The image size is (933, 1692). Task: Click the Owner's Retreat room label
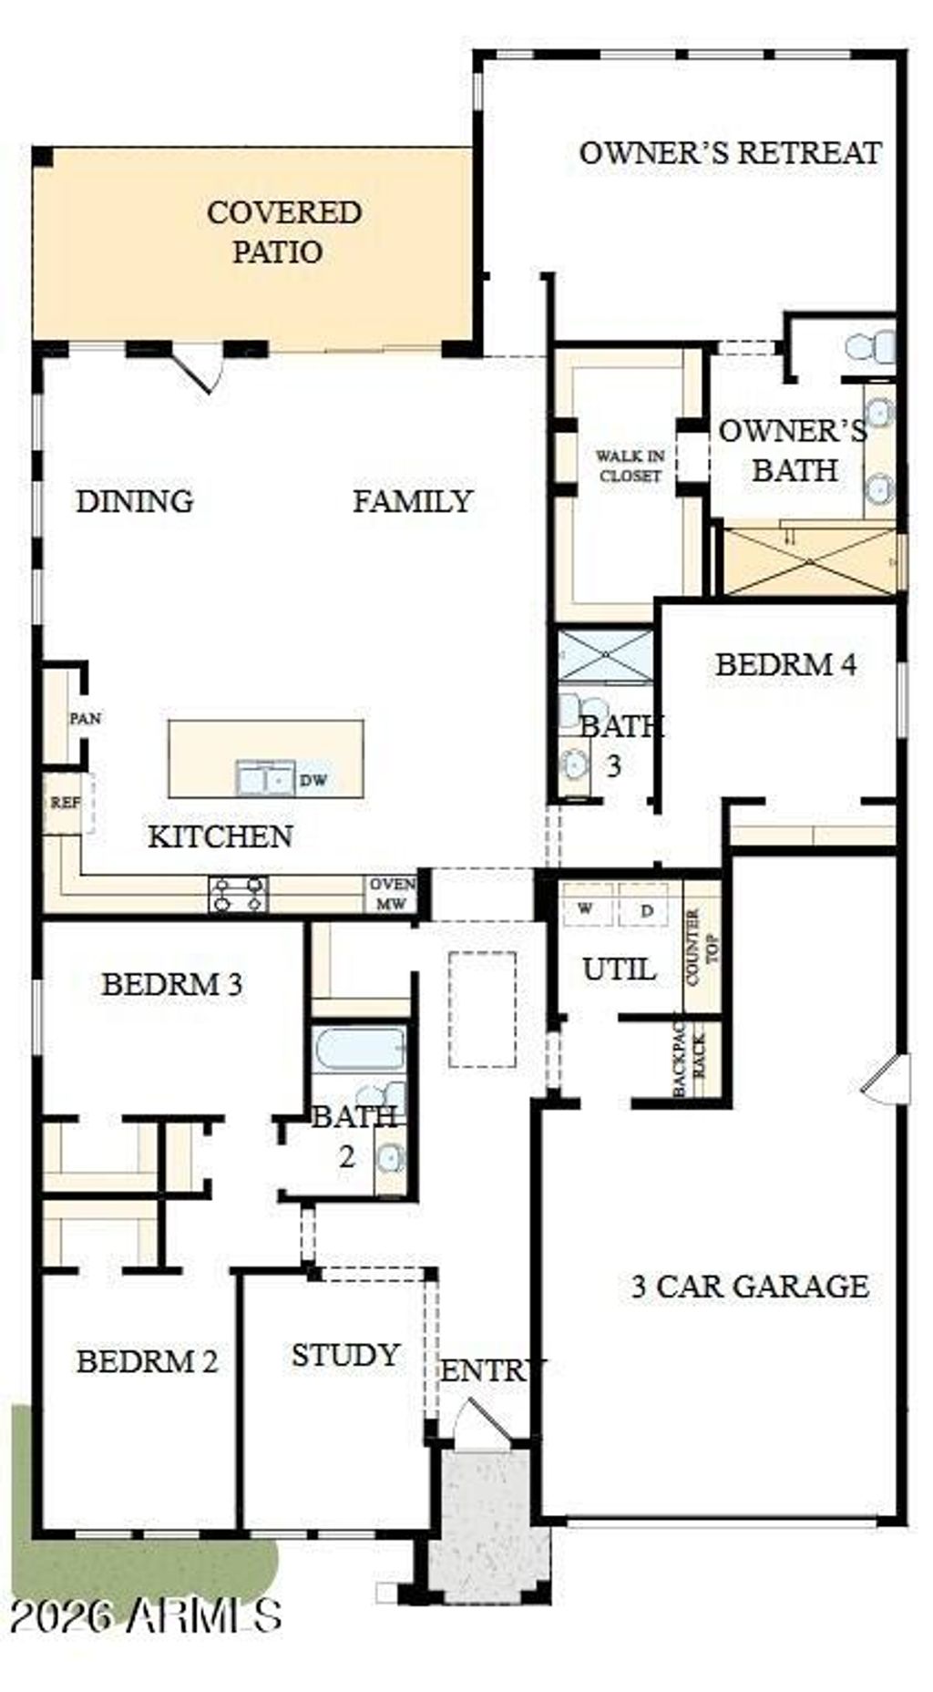pyautogui.click(x=730, y=152)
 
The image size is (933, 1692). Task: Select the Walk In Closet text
pyautogui.click(x=630, y=465)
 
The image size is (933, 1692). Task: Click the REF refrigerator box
pyautogui.click(x=65, y=804)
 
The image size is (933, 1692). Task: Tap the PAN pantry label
pyautogui.click(x=85, y=718)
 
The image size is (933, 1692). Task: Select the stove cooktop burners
pyautogui.click(x=239, y=894)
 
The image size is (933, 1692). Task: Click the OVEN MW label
pyautogui.click(x=392, y=895)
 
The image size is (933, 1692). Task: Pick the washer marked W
pyautogui.click(x=587, y=908)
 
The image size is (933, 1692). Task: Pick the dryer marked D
pyautogui.click(x=645, y=909)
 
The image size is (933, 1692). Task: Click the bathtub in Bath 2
pyautogui.click(x=359, y=1049)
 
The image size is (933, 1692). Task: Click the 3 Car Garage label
pyautogui.click(x=749, y=1286)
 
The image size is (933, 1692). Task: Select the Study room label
pyautogui.click(x=345, y=1355)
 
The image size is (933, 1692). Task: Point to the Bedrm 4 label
pyautogui.click(x=785, y=664)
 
